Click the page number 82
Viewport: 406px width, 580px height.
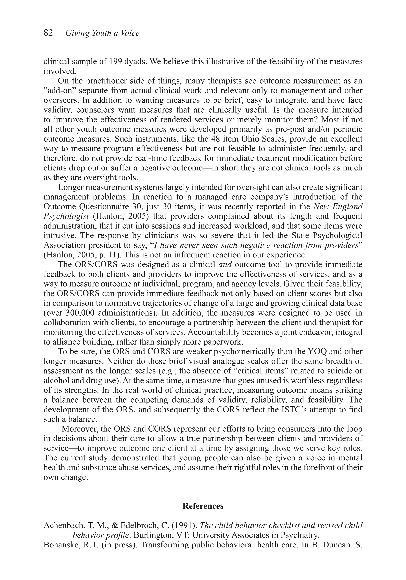(48, 33)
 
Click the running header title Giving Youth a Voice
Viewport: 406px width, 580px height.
(102, 33)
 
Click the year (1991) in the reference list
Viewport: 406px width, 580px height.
(186, 525)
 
